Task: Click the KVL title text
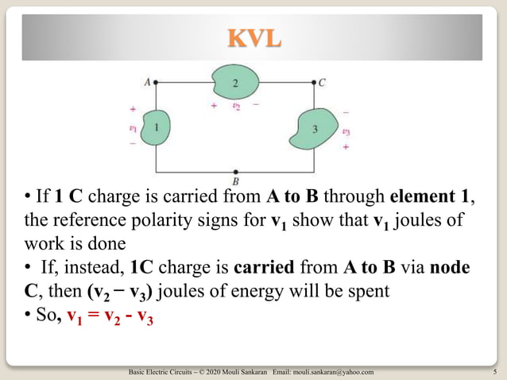pos(253,37)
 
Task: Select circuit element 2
pos(235,82)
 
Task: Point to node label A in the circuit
pos(147,81)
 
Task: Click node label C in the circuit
pos(322,81)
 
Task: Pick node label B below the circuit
pos(235,180)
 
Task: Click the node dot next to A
pos(156,81)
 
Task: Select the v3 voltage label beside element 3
pos(346,133)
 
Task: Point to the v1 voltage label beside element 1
pos(133,127)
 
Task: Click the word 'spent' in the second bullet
pos(368,290)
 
